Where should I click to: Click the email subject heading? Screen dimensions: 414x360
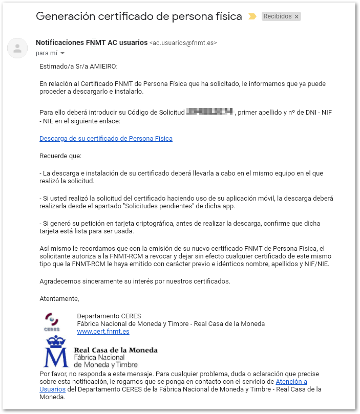pyautogui.click(x=138, y=16)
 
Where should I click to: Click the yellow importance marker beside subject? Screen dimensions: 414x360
pyautogui.click(x=252, y=16)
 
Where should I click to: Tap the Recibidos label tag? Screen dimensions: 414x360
pyautogui.click(x=277, y=16)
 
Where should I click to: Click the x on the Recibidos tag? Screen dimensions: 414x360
pyautogui.click(x=297, y=16)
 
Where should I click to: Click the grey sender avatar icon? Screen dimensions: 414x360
pyautogui.click(x=17, y=48)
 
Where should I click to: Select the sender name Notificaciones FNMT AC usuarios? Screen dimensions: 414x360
pyautogui.click(x=91, y=42)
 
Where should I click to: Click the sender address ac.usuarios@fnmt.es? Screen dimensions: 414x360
pyautogui.click(x=183, y=43)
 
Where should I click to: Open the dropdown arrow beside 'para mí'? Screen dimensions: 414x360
pyautogui.click(x=62, y=53)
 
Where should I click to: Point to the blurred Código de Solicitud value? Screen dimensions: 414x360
pyautogui.click(x=209, y=112)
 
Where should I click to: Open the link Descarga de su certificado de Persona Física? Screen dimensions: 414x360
pyautogui.click(x=105, y=138)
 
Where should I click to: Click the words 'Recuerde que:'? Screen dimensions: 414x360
pyautogui.click(x=60, y=156)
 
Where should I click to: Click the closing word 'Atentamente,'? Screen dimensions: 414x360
pyautogui.click(x=59, y=298)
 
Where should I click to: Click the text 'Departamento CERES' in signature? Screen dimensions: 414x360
pyautogui.click(x=109, y=316)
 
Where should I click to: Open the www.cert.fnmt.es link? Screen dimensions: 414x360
pyautogui.click(x=103, y=331)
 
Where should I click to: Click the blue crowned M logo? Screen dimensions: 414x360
pyautogui.click(x=56, y=352)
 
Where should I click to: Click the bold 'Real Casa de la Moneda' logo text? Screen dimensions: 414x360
pyautogui.click(x=116, y=350)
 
